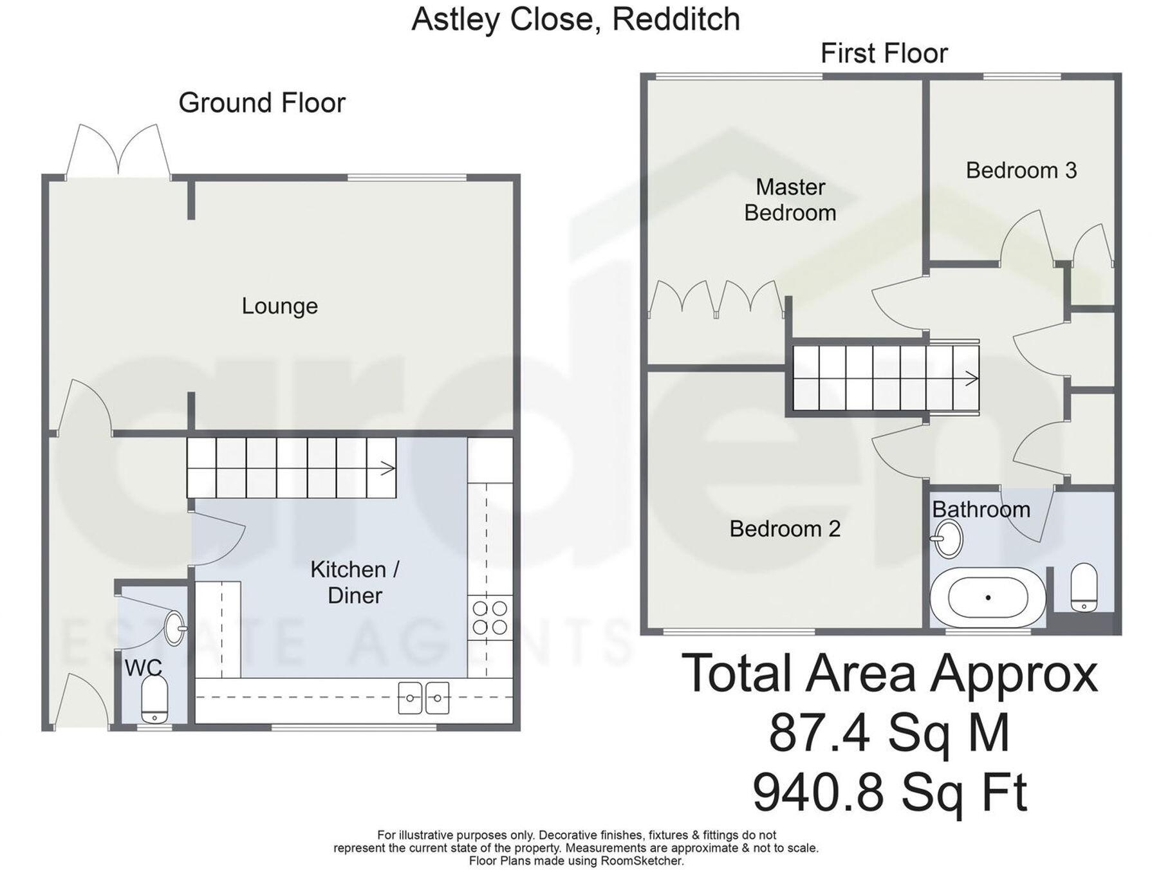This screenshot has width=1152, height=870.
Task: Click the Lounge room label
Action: (x=279, y=306)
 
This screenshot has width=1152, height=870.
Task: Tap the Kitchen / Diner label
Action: (x=355, y=582)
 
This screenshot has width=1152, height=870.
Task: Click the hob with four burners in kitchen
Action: (x=490, y=617)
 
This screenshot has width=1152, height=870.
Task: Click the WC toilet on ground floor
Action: (x=154, y=700)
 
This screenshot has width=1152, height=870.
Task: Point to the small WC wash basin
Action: (x=174, y=628)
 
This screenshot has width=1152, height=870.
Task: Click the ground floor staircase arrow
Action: (x=387, y=468)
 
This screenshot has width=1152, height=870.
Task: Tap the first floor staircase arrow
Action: (x=971, y=378)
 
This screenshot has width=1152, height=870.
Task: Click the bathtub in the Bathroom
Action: (x=988, y=598)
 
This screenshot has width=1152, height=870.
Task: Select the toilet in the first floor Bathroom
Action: (x=1084, y=588)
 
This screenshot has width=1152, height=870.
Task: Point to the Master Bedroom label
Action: (x=790, y=200)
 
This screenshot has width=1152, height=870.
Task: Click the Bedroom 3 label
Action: (x=1021, y=171)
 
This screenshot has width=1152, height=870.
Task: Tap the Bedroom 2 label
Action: (x=785, y=529)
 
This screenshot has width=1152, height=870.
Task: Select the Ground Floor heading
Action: (x=262, y=103)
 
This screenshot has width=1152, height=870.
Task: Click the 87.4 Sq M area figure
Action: (x=889, y=734)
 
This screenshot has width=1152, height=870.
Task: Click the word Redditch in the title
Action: (x=675, y=19)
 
